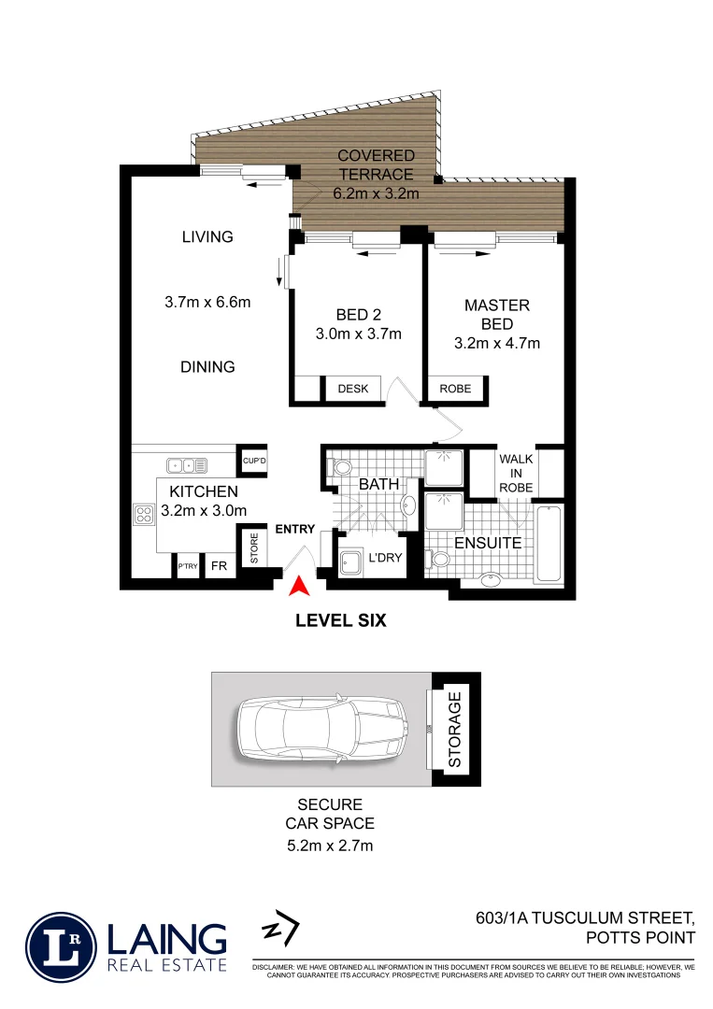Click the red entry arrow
point(299,587)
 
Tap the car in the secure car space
point(320,730)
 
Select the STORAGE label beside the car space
point(455,730)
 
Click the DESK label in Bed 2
point(353,389)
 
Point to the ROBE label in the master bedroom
point(456,389)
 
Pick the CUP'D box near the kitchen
point(254,461)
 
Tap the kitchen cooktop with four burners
point(145,514)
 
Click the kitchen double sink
point(187,464)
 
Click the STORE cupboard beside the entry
point(253,548)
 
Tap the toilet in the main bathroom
point(341,466)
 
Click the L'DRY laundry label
point(384,558)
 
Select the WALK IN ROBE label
point(516,474)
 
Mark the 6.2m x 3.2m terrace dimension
point(376,194)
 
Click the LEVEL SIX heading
point(341,618)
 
